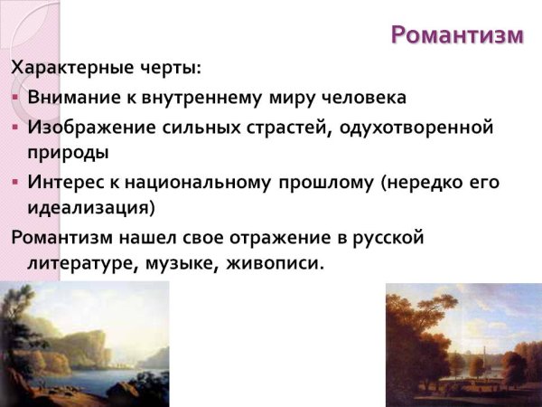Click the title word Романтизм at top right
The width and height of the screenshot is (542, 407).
pos(457,35)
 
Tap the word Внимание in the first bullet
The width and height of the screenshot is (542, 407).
pos(69,98)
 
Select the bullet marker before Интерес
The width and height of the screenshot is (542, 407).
pos(15,182)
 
